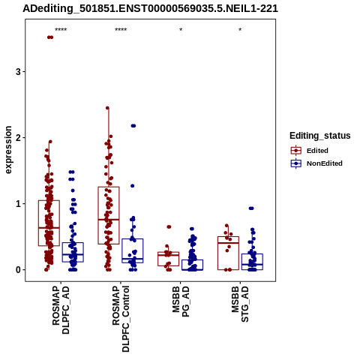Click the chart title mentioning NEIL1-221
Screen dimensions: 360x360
pos(150,9)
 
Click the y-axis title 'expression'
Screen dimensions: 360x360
pos(8,150)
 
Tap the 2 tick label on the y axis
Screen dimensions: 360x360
pos(18,138)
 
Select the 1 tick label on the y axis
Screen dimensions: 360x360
pos(18,204)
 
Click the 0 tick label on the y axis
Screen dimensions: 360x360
pos(18,270)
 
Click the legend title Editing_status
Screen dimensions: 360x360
pos(320,136)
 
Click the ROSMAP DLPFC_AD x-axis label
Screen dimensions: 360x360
pos(61,310)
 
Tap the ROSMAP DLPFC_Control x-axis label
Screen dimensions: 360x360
pos(121,319)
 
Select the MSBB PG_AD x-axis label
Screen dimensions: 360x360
pos(181,301)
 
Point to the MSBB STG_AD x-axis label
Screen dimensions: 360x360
pos(240,304)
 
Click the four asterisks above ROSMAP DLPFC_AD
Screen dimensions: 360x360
pos(61,30)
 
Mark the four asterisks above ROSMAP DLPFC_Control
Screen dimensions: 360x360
pos(121,30)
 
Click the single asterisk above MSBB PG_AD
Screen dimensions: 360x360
pos(181,30)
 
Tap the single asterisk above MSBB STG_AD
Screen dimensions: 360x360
pos(240,30)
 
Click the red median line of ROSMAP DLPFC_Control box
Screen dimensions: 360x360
pos(109,220)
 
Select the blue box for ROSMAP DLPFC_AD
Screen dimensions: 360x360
pos(73,252)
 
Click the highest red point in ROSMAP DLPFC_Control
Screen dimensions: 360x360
pos(107,108)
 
